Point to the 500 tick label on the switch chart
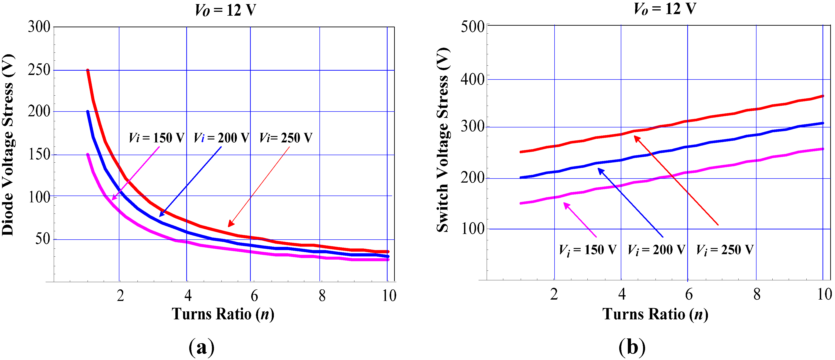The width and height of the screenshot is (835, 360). coord(472,27)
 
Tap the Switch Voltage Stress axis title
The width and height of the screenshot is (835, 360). coord(443,140)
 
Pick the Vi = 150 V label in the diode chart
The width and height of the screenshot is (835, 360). coord(157,138)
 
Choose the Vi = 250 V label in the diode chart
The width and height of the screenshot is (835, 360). coord(286,138)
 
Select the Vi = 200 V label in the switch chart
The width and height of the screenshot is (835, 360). coord(656,250)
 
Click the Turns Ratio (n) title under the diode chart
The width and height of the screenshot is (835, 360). coord(223,314)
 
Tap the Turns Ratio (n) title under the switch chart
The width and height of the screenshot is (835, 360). coord(655,314)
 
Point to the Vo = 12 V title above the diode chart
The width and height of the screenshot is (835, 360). coord(225,10)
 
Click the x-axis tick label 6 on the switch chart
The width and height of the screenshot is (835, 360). coord(688,294)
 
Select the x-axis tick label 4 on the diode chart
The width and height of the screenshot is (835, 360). coord(188,295)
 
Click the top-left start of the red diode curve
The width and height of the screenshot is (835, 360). coord(88,70)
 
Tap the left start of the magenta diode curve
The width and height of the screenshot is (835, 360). coord(88,154)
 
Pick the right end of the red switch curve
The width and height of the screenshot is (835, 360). coord(823,96)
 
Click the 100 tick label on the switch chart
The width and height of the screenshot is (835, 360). coord(472,229)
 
